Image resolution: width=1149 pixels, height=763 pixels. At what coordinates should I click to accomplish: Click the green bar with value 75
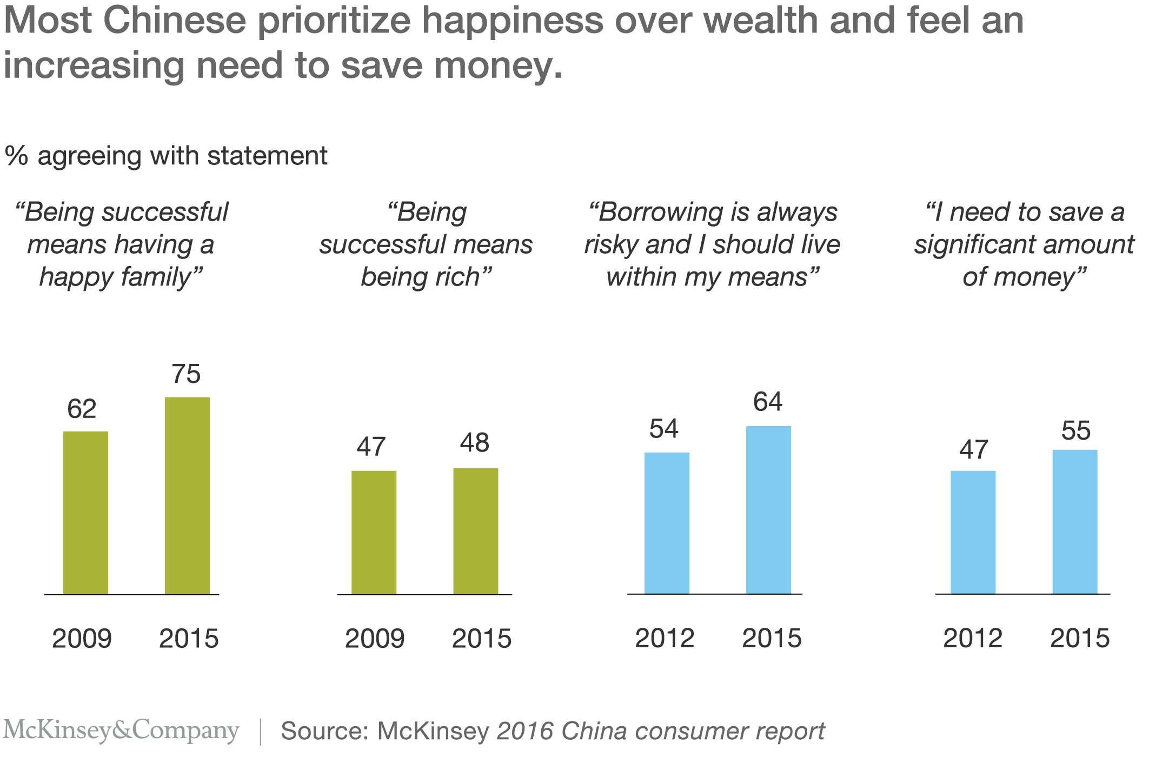(x=187, y=495)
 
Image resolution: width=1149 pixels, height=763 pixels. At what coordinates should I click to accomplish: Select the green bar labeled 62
(x=85, y=512)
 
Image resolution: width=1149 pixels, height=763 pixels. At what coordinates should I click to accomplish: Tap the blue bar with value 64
(x=768, y=509)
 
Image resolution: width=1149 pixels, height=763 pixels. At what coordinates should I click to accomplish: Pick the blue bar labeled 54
(x=667, y=523)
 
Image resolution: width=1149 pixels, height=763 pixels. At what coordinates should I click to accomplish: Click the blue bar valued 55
(x=1075, y=521)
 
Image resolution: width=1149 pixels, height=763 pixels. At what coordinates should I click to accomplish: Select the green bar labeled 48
(x=475, y=531)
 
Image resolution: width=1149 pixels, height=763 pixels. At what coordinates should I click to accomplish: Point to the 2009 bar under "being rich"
(x=374, y=532)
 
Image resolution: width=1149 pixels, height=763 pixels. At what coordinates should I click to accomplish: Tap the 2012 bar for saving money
(x=973, y=532)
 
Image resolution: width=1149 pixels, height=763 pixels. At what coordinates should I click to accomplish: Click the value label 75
(x=186, y=374)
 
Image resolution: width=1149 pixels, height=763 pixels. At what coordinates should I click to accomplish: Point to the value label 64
(x=768, y=402)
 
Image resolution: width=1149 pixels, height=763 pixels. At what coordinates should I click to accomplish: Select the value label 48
(x=475, y=443)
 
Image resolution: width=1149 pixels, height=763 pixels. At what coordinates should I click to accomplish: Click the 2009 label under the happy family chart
(x=82, y=639)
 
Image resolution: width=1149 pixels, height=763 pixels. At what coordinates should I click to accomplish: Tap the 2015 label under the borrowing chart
(x=772, y=639)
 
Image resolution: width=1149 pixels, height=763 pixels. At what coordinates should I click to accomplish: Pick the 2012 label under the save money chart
(x=973, y=639)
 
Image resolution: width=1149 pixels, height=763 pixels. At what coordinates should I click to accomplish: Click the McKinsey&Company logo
(x=121, y=730)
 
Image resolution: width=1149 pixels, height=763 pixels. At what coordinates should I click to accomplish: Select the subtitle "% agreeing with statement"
(x=166, y=156)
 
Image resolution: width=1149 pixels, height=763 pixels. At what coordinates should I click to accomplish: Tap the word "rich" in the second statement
(x=460, y=277)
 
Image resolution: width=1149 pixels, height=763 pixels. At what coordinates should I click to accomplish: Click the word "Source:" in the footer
(x=324, y=731)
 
